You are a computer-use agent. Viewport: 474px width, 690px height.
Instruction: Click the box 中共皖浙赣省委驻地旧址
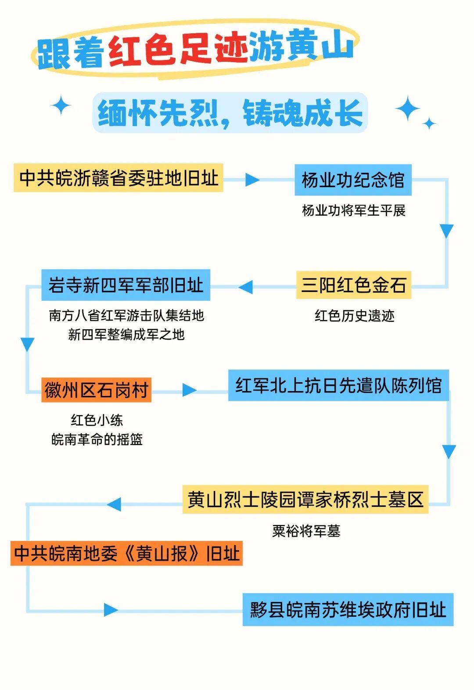(118, 178)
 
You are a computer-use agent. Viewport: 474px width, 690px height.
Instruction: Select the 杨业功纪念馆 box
(353, 180)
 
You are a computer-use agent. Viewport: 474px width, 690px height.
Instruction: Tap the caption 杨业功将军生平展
(353, 210)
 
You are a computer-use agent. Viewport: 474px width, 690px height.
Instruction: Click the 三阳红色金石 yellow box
(353, 285)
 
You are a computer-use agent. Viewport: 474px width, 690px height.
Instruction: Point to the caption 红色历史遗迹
(354, 316)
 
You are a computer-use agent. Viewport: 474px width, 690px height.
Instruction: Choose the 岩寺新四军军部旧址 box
(126, 285)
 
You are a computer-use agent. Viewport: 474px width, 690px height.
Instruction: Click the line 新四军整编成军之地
(126, 334)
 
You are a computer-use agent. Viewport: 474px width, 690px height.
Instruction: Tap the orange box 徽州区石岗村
(96, 390)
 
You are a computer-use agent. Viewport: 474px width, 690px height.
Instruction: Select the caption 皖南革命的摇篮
(97, 439)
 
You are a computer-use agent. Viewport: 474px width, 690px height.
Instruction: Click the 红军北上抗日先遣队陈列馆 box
(338, 386)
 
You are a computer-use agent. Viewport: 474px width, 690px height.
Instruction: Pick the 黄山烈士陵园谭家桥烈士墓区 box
(305, 499)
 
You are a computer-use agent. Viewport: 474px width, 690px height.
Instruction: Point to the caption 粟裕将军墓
(306, 531)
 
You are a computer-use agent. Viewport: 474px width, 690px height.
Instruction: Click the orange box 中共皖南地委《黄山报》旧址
(126, 553)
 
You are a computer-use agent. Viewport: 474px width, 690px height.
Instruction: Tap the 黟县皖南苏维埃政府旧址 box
(348, 610)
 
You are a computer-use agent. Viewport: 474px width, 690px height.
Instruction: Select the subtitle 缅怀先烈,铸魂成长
(230, 113)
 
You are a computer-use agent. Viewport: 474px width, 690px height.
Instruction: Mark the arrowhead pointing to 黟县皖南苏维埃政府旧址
(111, 610)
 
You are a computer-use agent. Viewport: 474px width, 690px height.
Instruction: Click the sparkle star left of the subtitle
(61, 106)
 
